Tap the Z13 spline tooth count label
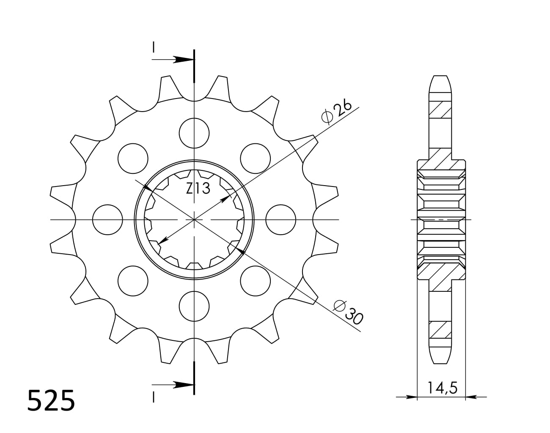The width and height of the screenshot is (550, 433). (x=198, y=189)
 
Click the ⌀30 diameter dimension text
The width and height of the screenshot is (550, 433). (x=348, y=312)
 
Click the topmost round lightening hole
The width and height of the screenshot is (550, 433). (x=194, y=133)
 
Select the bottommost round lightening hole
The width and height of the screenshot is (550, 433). (x=194, y=306)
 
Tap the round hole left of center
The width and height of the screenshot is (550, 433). (x=107, y=219)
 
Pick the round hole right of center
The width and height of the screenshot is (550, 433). (x=281, y=219)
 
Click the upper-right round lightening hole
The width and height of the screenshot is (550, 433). (x=256, y=158)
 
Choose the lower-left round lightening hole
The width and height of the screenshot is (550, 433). (x=133, y=281)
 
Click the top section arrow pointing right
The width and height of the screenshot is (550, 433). (x=182, y=60)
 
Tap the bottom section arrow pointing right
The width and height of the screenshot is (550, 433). (x=182, y=385)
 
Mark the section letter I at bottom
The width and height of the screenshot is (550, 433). (x=154, y=397)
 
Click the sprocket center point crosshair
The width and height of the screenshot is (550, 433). (x=194, y=219)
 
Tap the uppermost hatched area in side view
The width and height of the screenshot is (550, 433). (x=440, y=110)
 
